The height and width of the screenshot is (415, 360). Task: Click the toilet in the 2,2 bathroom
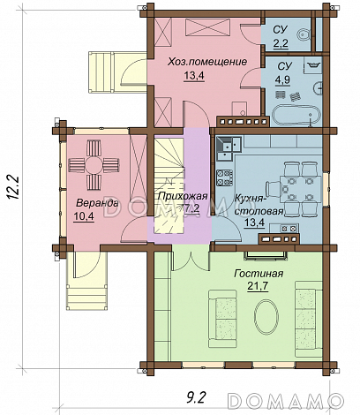pos(304,36)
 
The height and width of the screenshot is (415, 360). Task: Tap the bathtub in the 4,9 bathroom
pos(296,116)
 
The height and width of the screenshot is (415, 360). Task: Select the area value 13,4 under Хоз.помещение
pos(194,76)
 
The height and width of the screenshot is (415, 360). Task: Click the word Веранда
pos(97,203)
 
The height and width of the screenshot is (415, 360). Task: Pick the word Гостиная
pos(259,274)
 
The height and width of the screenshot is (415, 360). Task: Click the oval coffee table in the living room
pos(266,318)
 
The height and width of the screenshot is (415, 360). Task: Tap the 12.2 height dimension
pos(13,188)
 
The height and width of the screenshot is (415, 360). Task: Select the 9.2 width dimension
pos(196,397)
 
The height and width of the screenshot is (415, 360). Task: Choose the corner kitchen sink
pos(229,147)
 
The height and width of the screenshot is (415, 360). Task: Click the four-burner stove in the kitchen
pos(225,177)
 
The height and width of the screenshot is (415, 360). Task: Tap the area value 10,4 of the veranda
pos(83,216)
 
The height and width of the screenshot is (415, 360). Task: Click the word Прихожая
pos(183,196)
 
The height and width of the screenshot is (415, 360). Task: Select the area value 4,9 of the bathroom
pos(282,80)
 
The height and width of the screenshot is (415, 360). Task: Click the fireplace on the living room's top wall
pos(266,255)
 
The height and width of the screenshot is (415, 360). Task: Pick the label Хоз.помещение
pos(207,62)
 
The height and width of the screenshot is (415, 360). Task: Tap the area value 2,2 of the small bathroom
pos(281,44)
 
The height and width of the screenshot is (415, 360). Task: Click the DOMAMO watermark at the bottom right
pos(286,400)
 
